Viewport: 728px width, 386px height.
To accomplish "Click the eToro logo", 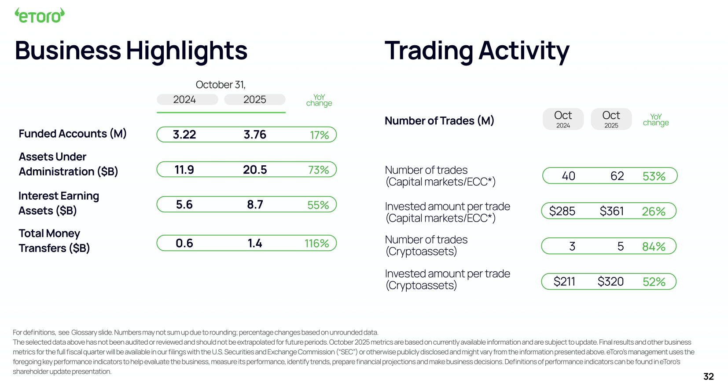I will pos(40,16).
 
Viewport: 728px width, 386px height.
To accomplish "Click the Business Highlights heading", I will pos(131,51).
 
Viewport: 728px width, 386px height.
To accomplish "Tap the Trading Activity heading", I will pos(477,51).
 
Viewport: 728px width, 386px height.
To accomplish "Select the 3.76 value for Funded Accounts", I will pos(255,135).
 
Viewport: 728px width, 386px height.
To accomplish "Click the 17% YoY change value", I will pos(319,135).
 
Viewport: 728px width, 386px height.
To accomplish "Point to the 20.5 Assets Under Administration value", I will pos(255,170).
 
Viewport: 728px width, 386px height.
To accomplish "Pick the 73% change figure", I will pos(318,170).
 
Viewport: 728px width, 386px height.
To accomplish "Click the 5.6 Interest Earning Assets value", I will pos(184,204).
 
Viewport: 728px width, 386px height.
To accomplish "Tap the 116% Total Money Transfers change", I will pos(316,244).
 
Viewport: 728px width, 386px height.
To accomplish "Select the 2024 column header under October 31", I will pos(184,100).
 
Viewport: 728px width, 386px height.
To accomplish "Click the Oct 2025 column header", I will pos(611,119).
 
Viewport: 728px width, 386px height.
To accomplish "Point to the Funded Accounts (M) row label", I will pos(73,134).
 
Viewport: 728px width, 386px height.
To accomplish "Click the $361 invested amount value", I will pos(611,211).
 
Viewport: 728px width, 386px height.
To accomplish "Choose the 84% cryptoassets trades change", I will pos(654,247).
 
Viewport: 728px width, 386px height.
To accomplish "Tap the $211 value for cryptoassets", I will pos(564,281).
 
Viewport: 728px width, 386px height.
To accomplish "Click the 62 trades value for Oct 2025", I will pos(617,176).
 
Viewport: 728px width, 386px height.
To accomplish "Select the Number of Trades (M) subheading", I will pos(439,120).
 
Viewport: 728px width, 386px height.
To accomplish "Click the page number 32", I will pos(708,376).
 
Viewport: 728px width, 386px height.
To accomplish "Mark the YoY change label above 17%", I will pos(319,100).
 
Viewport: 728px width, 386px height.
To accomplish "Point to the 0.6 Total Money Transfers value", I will pos(184,243).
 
